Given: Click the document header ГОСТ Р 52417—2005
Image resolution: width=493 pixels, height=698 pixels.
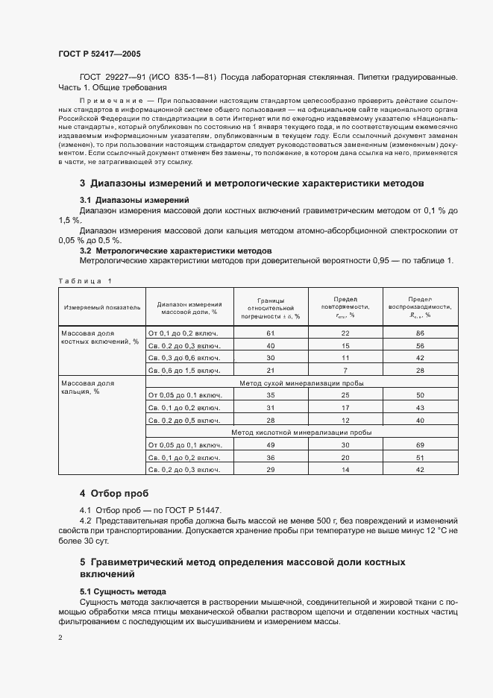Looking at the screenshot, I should pos(98,54).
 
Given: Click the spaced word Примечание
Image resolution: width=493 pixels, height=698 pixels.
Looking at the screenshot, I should pos(110,99).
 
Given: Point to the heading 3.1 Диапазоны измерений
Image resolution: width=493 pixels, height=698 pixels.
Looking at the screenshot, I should pos(134,200).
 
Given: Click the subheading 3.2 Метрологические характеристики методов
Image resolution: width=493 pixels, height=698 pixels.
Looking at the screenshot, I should pos(175,251).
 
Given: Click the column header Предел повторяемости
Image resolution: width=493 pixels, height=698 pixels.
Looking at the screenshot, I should pos(345,306).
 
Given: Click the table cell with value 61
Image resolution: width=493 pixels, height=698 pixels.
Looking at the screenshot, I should pos(271,333).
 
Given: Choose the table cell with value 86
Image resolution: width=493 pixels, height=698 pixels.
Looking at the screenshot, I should pos(420,333).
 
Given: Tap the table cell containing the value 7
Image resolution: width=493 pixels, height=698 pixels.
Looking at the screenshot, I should pos(345,370).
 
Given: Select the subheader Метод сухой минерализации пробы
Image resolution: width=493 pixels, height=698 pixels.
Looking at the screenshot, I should pos(301,383).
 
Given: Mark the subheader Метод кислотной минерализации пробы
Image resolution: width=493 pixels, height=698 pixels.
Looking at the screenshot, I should pos(301,433).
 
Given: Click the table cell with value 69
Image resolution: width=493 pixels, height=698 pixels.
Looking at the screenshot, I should pos(420,445).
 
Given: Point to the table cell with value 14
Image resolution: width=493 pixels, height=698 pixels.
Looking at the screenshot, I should pos(345,470).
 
